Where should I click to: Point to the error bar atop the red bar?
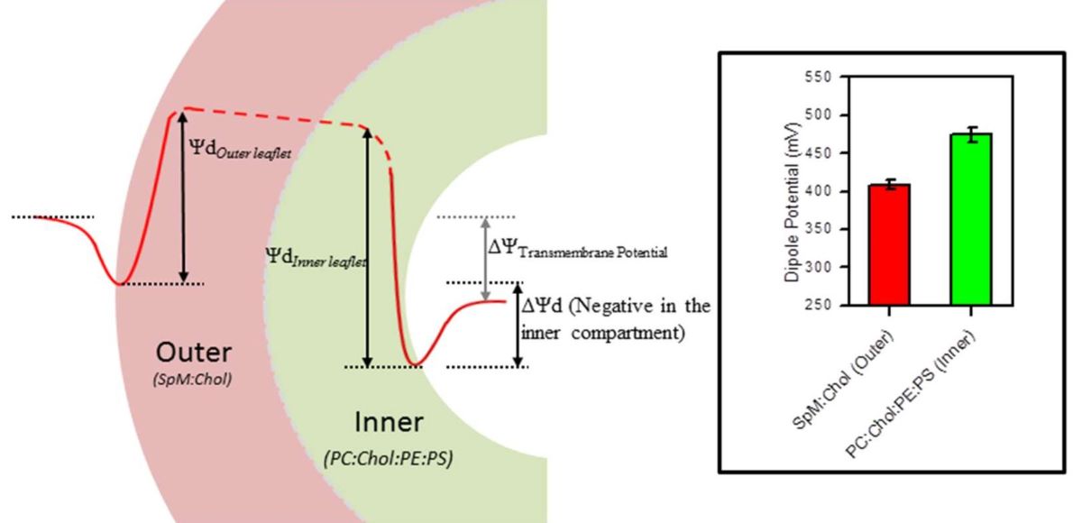point(889,185)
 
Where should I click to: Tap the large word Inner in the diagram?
point(388,422)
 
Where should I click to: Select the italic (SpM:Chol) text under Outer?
point(193,379)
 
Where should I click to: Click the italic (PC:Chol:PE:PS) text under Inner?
point(388,458)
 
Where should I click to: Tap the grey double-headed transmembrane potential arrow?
point(486,259)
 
